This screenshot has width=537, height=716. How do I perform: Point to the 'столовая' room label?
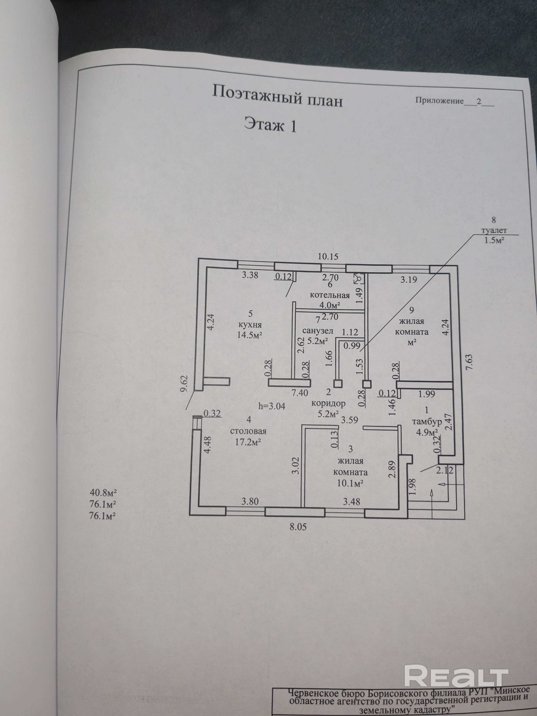pyautogui.click(x=248, y=431)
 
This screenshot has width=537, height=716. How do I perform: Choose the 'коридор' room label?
pyautogui.click(x=328, y=404)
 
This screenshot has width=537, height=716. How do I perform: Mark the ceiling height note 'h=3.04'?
pyautogui.click(x=272, y=406)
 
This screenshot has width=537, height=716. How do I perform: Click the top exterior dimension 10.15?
pyautogui.click(x=328, y=257)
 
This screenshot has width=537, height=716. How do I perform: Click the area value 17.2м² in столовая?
pyautogui.click(x=248, y=442)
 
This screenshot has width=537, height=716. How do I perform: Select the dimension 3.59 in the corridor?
pyautogui.click(x=350, y=420)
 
